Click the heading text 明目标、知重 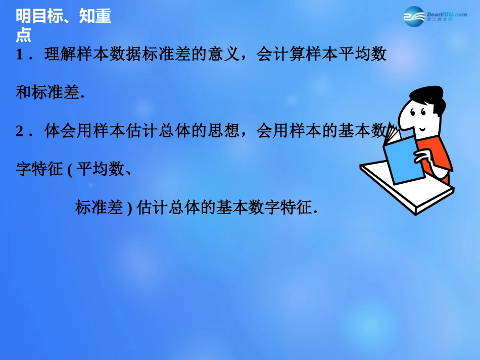pos(63,17)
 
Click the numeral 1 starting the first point pos(20,55)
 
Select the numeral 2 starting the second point pos(20,131)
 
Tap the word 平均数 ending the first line pos(362,55)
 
